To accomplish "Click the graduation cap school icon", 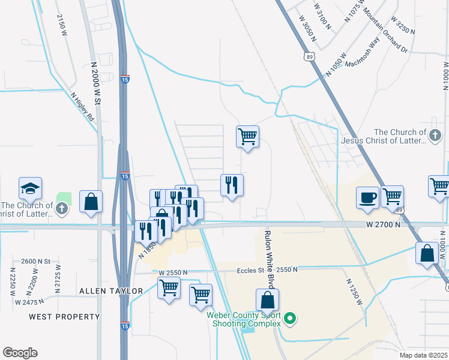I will pos(30,189).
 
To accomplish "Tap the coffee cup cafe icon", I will pos(367,197).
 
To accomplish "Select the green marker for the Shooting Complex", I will pos(290,318).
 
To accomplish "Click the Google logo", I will pos(20,353).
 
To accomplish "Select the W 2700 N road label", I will pos(383,224).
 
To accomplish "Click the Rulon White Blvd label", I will pos(269,251).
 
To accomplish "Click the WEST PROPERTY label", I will pos(64,316).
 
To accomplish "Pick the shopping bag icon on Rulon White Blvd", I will pos(267,300).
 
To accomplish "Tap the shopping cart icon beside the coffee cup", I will pos(392,196).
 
